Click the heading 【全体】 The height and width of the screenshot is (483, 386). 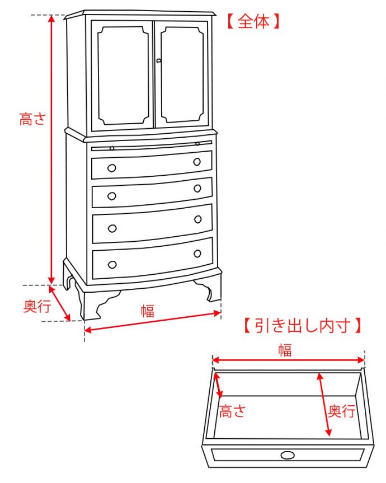252,22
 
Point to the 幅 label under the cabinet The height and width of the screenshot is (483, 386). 147,311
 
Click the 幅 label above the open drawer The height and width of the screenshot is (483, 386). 285,350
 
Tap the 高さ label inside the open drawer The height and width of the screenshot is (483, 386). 232,412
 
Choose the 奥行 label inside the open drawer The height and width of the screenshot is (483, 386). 341,411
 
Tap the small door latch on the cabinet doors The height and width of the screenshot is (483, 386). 158,60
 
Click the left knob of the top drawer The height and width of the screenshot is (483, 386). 112,167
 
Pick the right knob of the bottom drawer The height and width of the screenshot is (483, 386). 197,254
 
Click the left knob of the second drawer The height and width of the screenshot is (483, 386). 112,196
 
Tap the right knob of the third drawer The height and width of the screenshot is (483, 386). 197,219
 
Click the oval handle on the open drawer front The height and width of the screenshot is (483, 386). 288,455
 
